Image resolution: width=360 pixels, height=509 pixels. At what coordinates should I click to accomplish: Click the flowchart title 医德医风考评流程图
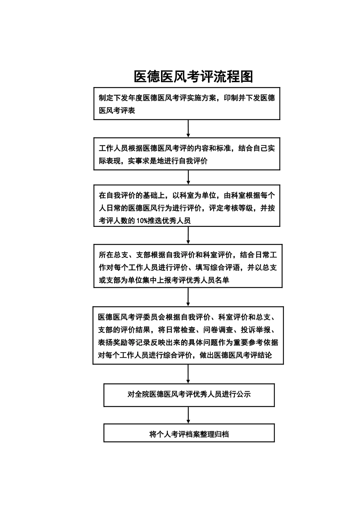[x=193, y=77]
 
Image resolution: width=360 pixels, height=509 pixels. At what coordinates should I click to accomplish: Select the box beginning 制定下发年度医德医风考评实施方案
[x=187, y=104]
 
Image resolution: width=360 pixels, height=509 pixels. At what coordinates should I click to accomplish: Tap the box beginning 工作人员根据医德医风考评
[x=187, y=154]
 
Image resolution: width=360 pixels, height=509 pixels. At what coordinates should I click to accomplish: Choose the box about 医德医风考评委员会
[x=188, y=336]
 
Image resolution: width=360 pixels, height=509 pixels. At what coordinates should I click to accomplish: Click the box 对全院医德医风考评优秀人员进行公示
[x=189, y=395]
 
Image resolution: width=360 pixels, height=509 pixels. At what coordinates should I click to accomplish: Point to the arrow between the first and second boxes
[x=188, y=128]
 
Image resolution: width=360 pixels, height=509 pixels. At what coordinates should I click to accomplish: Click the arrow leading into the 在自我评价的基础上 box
[x=188, y=177]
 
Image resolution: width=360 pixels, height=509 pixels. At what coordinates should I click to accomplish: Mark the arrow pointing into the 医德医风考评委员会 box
[x=188, y=297]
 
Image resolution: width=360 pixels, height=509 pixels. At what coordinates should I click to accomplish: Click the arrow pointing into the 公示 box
[x=188, y=374]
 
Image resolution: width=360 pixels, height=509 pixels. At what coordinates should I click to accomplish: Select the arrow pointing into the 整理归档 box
[x=188, y=415]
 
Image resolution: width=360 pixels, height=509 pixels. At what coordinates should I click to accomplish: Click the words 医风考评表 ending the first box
[x=117, y=111]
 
